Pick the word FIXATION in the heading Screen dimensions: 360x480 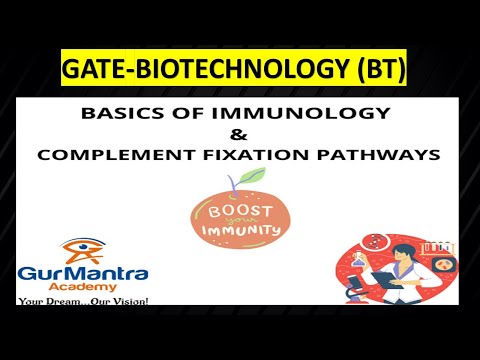(x=261, y=157)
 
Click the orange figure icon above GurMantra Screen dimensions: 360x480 (x=72, y=248)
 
